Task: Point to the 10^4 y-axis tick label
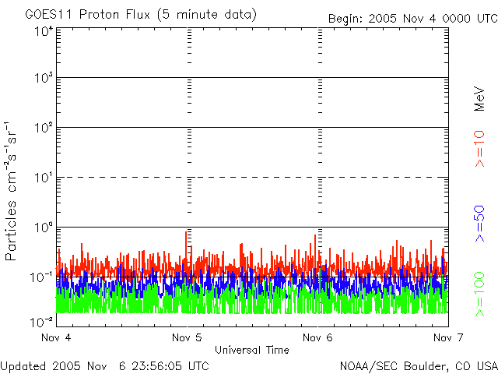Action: (42, 31)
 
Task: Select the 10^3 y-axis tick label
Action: (42, 79)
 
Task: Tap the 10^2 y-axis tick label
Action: (42, 128)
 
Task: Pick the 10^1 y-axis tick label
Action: (42, 178)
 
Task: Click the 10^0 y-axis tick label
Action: (42, 228)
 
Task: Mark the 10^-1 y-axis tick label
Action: (42, 277)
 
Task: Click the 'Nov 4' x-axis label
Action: (55, 337)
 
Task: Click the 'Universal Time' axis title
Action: (252, 350)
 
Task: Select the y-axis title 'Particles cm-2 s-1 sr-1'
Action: (12, 191)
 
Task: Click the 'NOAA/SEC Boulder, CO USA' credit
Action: (418, 365)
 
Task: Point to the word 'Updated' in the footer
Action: (22, 365)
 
